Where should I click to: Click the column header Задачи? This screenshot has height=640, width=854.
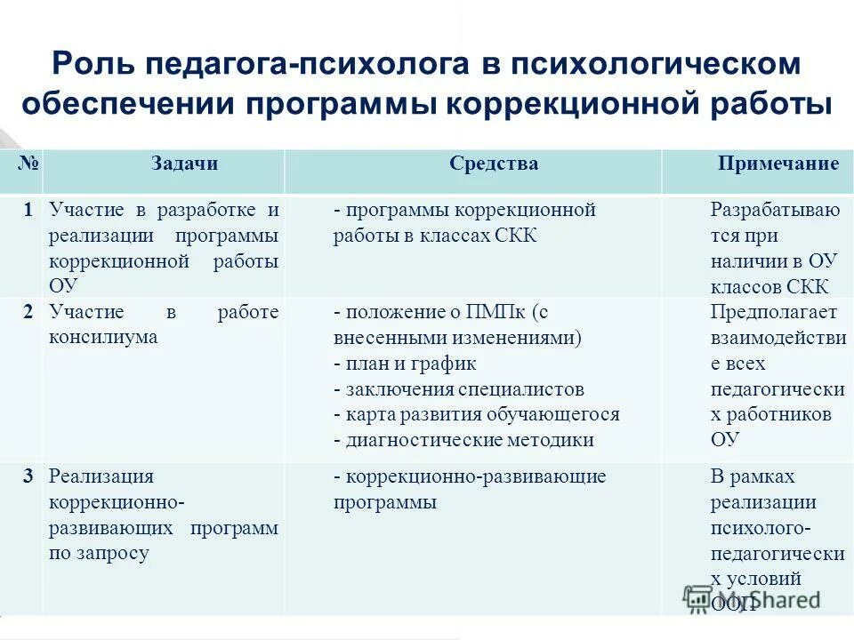[x=184, y=164]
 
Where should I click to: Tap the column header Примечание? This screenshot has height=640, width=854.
[x=778, y=164]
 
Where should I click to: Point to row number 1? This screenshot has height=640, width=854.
[x=28, y=211]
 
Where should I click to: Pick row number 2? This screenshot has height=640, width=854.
[x=28, y=312]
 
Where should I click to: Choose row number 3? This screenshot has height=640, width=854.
[x=28, y=476]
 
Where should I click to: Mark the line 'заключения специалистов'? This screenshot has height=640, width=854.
[x=459, y=389]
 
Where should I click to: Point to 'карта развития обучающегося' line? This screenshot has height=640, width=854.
[x=476, y=414]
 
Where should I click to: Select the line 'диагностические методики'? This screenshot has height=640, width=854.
[x=463, y=440]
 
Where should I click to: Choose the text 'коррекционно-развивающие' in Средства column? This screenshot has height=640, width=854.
[x=475, y=476]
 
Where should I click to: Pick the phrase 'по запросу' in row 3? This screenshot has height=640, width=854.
[x=99, y=553]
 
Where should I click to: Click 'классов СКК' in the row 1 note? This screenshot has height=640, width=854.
[x=769, y=286]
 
